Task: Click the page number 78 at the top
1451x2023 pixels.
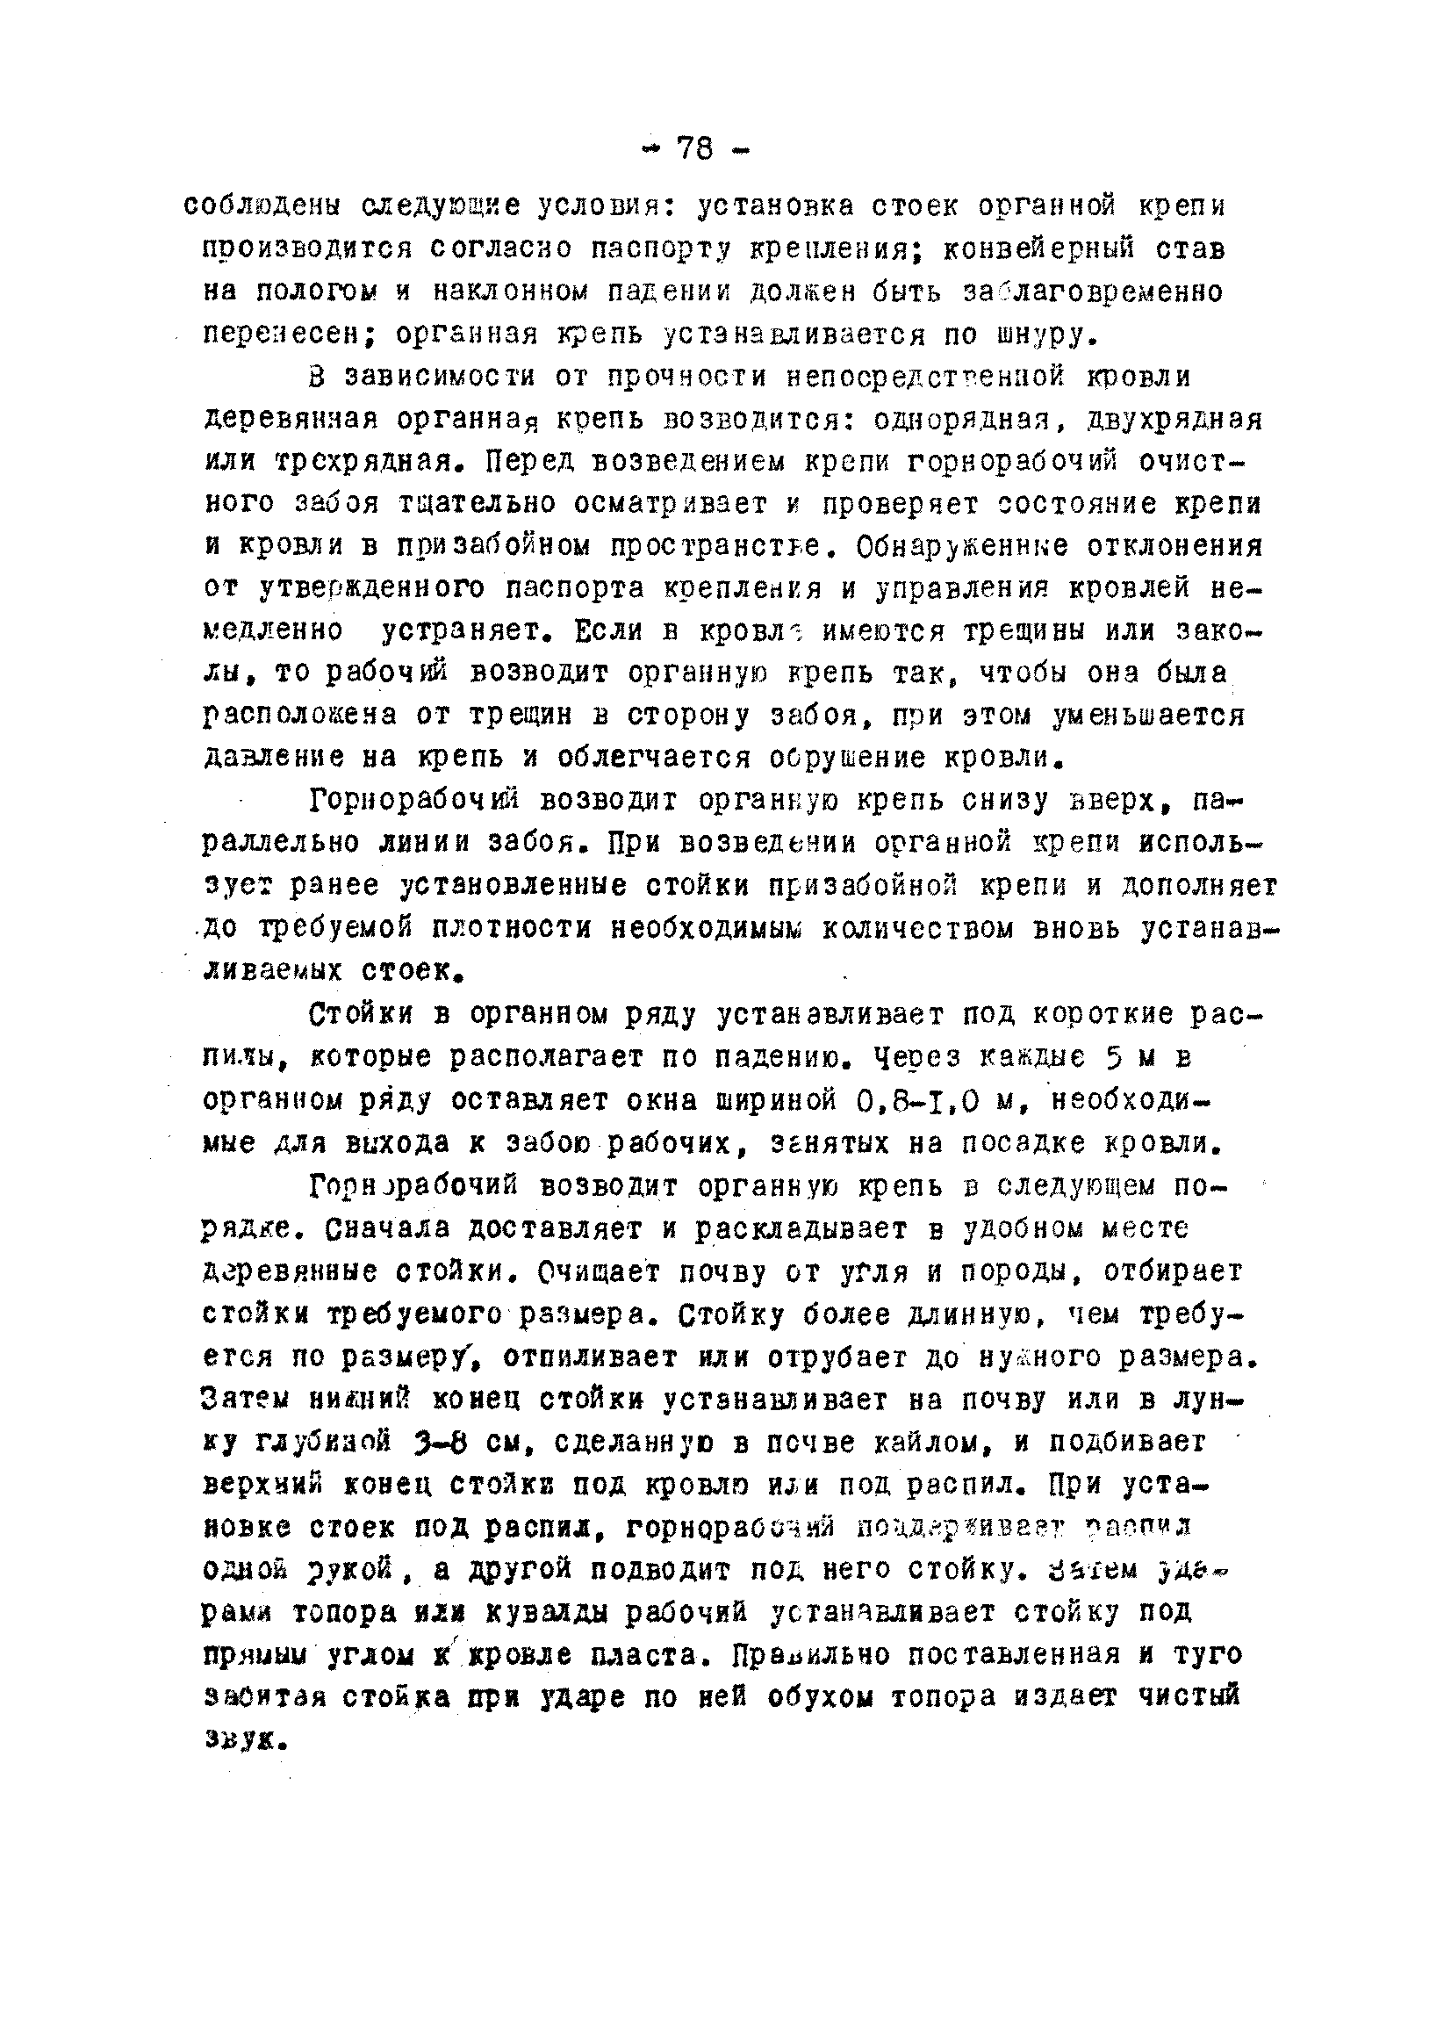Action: pyautogui.click(x=695, y=148)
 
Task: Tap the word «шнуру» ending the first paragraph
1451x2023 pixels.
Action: pyautogui.click(x=1025, y=335)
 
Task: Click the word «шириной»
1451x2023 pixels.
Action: pyautogui.click(x=778, y=1101)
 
